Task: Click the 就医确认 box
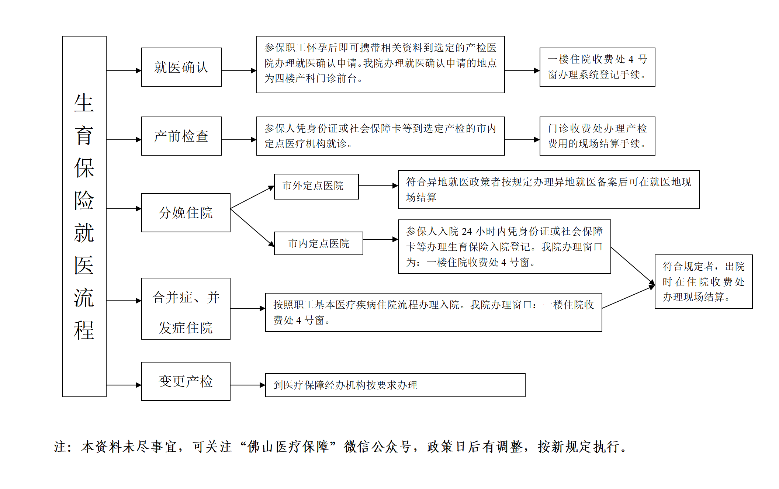181,67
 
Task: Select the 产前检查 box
181,136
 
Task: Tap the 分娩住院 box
186,213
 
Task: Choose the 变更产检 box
186,381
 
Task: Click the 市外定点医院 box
316,186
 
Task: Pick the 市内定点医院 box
318,243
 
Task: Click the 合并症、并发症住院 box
186,309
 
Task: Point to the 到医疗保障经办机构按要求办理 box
395,385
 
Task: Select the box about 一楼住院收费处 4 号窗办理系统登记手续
597,67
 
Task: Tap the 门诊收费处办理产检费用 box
597,136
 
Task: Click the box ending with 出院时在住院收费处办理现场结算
703,282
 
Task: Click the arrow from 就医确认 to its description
239,70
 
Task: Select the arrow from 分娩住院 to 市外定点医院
252,198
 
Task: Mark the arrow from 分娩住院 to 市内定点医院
252,227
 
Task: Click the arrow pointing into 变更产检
124,385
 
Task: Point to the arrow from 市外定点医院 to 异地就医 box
378,186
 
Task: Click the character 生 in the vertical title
84,103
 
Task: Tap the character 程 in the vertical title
84,330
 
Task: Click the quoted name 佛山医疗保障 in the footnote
288,447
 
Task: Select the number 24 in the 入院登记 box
467,232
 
